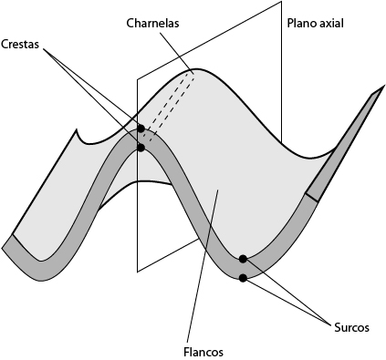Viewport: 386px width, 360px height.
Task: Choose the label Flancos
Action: coord(202,351)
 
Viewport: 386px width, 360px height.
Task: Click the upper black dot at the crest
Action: coord(141,129)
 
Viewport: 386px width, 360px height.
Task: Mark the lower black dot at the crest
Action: coord(141,147)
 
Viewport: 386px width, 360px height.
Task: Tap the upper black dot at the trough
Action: coord(243,259)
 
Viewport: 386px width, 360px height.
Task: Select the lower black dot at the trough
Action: coord(243,277)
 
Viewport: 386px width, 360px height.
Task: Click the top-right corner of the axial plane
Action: coord(280,2)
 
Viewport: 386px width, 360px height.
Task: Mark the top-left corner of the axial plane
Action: coord(138,78)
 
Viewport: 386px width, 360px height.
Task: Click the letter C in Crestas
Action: coord(6,43)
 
